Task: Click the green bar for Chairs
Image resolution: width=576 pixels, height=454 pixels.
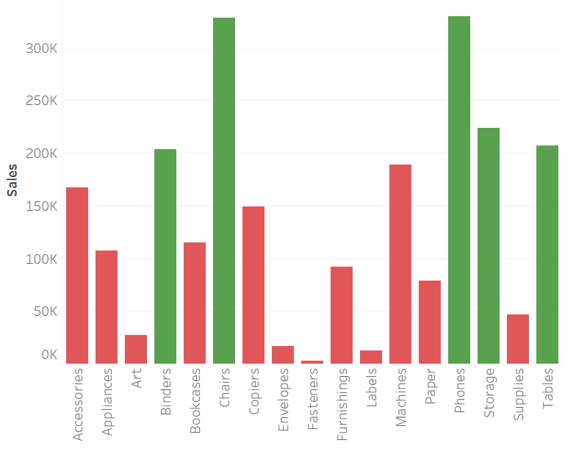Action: click(224, 191)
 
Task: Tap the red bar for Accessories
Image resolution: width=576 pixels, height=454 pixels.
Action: click(77, 275)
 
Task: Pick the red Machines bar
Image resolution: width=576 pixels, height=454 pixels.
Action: click(400, 264)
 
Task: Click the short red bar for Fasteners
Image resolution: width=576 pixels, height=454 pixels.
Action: click(312, 361)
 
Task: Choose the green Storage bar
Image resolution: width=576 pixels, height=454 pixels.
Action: click(489, 246)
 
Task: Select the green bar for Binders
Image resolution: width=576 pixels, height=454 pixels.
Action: click(165, 256)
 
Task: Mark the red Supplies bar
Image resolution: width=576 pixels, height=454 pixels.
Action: click(518, 339)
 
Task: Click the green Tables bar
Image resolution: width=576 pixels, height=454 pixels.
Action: click(547, 254)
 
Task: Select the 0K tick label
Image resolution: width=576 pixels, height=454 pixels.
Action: click(48, 355)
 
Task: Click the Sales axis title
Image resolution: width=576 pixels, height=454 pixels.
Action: click(12, 180)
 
